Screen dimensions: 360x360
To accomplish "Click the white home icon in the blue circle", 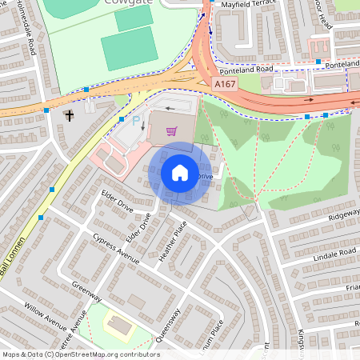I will pos(180,173).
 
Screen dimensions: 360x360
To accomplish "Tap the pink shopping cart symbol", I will pos(170,131).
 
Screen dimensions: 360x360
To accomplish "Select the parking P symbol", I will pos(136,121).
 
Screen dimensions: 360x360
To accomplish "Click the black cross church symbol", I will pos(70,116).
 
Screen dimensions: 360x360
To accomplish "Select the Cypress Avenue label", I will pos(115,244).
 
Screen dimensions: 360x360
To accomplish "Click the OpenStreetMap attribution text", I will pos(81,354).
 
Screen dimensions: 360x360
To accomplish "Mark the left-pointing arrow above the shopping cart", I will pos(171,108).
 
